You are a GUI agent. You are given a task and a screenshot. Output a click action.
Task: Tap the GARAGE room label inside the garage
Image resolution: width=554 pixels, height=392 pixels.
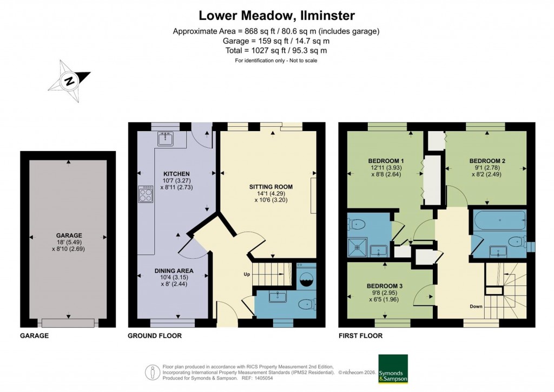[x=69, y=236]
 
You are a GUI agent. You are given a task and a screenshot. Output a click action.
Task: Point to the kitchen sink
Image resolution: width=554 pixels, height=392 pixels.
[x=164, y=139]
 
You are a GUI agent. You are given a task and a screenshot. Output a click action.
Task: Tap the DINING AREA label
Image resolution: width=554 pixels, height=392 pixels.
[x=174, y=271]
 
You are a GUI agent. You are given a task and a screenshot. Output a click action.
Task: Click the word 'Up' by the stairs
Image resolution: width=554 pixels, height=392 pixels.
[x=247, y=274]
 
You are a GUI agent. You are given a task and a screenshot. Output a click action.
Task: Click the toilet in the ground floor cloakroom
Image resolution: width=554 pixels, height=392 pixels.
[x=306, y=304]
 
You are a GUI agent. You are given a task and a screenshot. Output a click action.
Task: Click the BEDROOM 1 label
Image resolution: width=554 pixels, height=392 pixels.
[x=386, y=161]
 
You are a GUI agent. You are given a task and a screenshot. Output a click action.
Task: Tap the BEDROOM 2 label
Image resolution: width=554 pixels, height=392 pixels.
[x=487, y=161]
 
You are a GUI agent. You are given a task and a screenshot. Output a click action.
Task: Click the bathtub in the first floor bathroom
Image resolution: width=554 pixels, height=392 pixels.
[x=499, y=221]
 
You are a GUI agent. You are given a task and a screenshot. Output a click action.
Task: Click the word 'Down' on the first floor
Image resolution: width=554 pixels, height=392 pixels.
[x=476, y=306]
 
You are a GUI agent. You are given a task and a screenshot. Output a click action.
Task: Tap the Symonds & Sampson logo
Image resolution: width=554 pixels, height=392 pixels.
[x=393, y=369]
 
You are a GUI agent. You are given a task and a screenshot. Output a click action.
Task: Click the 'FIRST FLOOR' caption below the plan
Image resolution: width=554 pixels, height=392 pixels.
[x=360, y=336]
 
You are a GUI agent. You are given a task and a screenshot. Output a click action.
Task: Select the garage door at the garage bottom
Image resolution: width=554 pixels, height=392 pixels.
[x=69, y=323]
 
